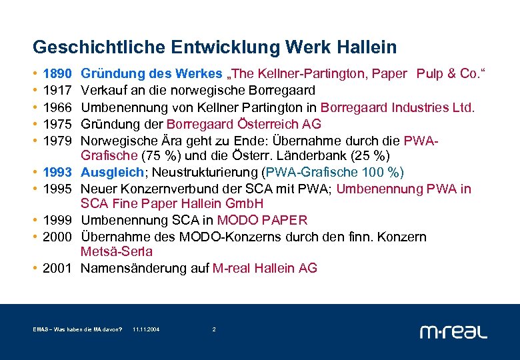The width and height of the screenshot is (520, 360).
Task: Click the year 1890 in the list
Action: click(57, 74)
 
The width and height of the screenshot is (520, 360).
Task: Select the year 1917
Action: click(57, 90)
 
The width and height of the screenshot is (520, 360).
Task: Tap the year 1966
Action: click(57, 107)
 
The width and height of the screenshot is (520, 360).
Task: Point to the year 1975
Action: click(57, 123)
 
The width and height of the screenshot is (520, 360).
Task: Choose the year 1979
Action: click(57, 140)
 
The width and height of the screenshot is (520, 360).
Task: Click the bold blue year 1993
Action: click(57, 173)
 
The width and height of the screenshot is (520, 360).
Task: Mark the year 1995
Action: click(57, 189)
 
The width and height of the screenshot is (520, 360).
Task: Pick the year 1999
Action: click(57, 220)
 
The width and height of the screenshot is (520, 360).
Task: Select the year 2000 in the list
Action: click(57, 237)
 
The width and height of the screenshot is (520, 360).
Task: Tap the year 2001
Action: click(57, 268)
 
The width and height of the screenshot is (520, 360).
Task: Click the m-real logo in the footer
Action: click(453, 331)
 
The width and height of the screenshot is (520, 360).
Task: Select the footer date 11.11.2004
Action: click(146, 329)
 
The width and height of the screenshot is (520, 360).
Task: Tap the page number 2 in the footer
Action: click(213, 329)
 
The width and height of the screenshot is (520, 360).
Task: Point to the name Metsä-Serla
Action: click(117, 251)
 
